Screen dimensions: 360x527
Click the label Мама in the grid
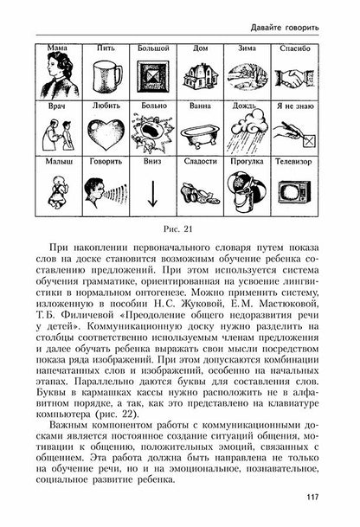(x=60, y=49)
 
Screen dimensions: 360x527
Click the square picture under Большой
(x=153, y=75)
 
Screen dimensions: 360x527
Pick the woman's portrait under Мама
(x=60, y=75)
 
